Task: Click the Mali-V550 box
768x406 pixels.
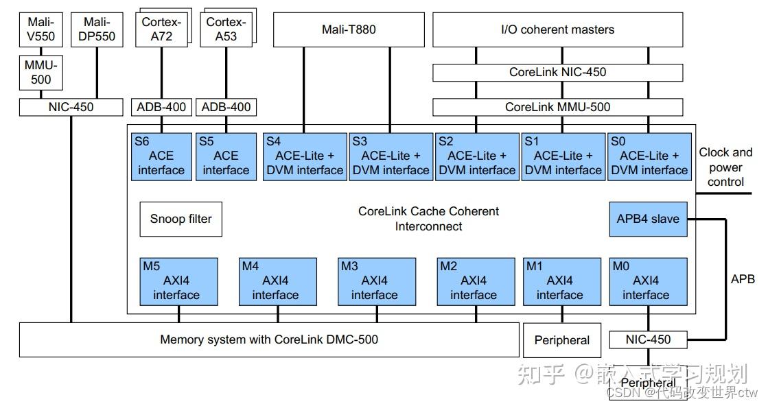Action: point(40,29)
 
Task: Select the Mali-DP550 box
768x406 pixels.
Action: point(97,29)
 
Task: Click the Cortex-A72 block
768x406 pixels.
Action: point(162,30)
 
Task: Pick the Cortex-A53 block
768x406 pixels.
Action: point(225,30)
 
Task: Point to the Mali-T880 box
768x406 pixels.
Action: point(349,29)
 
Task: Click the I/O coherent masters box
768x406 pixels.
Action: point(557,29)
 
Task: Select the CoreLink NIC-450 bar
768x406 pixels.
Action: point(557,72)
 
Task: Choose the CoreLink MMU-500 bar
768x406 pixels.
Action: point(557,107)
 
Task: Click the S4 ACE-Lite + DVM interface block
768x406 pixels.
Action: point(304,156)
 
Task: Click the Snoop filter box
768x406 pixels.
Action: point(181,219)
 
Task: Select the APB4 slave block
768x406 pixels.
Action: point(647,219)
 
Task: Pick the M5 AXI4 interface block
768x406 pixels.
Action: point(178,281)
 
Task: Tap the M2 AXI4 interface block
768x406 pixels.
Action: point(476,281)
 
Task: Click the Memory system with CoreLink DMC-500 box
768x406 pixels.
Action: point(268,339)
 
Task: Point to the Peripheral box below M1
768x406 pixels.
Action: point(561,340)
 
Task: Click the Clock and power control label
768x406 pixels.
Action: point(725,167)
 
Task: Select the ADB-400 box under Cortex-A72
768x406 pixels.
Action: point(161,107)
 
